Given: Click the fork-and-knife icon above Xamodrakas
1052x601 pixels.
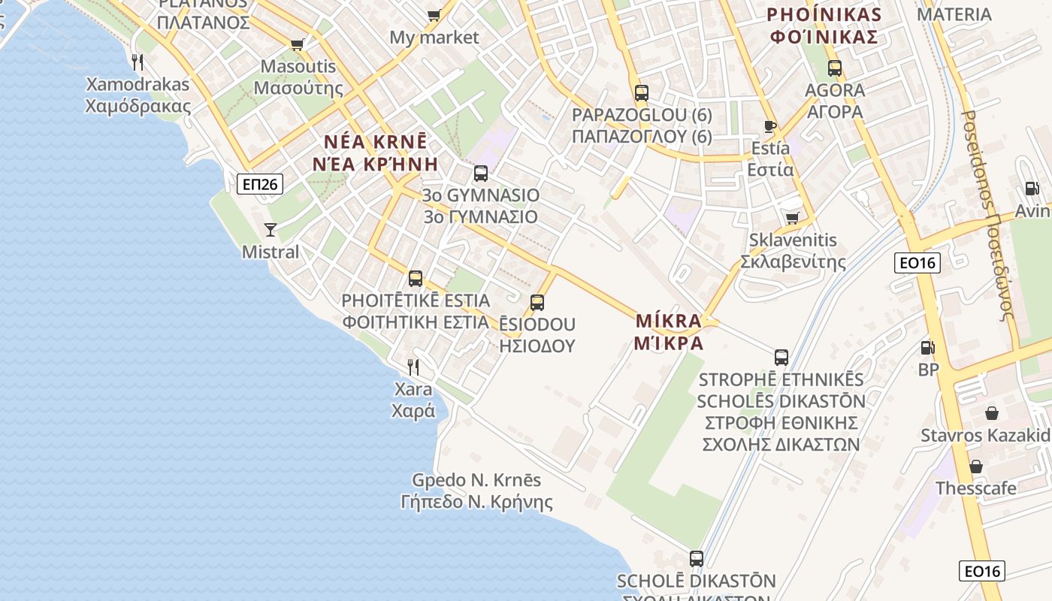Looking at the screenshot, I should coord(137,62).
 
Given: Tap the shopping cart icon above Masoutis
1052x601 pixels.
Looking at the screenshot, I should coord(298,44).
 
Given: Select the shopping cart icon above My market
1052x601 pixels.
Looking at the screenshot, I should coord(434,15).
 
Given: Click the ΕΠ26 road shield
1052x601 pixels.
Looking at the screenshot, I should coord(260,184).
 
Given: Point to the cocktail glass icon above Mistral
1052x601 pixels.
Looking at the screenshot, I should coord(271,229).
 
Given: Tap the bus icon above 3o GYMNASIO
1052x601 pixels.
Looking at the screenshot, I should coord(481,174).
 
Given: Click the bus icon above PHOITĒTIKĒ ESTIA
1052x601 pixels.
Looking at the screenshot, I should coord(416,279).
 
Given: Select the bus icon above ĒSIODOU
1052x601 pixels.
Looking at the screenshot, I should coord(537,303).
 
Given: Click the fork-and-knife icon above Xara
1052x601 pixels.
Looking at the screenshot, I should coord(413,367).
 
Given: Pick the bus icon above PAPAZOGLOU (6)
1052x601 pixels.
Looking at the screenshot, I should coord(641,93).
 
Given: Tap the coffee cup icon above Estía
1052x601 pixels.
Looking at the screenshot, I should coord(769,125).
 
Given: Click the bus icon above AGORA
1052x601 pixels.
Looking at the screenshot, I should coord(835,68).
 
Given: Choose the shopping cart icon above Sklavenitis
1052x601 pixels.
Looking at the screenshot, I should coord(792,218).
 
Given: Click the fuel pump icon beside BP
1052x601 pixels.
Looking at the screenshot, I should coord(928,347).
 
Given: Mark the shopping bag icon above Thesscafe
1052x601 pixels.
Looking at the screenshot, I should coord(976,467).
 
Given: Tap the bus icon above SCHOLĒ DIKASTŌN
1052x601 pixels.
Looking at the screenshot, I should coord(697,558).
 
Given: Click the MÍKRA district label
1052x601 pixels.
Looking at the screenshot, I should coord(669,331).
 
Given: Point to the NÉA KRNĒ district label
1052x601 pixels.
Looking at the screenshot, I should coord(375,153).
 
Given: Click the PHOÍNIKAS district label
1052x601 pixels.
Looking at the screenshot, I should coord(824,26).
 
